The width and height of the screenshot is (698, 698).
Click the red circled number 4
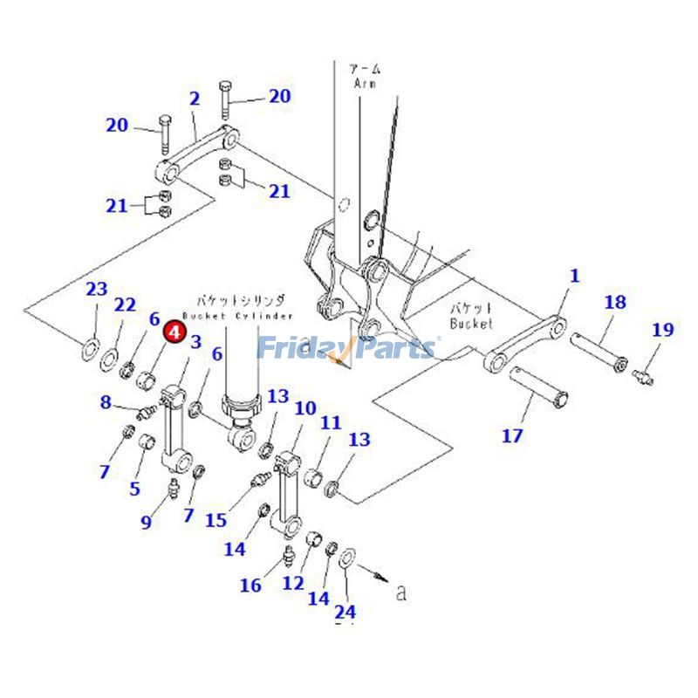tap(174, 332)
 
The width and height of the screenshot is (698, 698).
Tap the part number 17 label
tap(512, 435)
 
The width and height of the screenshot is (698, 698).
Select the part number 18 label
tap(615, 303)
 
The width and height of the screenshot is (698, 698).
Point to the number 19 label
tap(663, 330)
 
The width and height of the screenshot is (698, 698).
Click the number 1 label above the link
tap(574, 277)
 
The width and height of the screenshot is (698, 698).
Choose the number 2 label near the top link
tap(194, 99)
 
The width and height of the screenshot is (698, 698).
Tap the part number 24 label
tap(346, 612)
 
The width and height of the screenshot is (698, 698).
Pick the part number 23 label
tap(96, 290)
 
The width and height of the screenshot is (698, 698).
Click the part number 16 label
tap(250, 585)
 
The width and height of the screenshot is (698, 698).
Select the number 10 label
tap(305, 408)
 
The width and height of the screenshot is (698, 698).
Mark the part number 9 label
tap(147, 523)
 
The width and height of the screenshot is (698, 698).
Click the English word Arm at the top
tap(364, 84)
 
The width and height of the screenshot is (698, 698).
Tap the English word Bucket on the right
tap(471, 323)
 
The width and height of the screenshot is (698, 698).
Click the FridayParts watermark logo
tap(346, 348)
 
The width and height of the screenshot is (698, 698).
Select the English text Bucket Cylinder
tap(238, 314)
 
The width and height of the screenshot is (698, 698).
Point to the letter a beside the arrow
tap(400, 593)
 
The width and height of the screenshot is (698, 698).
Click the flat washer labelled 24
tap(345, 556)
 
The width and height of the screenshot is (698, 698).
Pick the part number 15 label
tap(216, 521)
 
